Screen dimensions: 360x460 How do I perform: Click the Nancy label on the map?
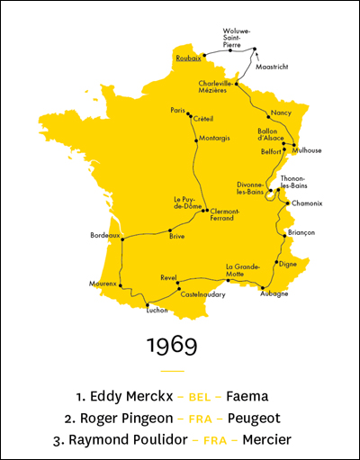(281, 113)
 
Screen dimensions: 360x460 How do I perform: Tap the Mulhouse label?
(307, 150)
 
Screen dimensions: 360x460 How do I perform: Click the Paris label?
(177, 110)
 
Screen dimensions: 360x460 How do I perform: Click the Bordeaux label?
(104, 235)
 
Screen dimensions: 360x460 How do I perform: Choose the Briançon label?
(301, 232)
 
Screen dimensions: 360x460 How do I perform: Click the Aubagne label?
(274, 293)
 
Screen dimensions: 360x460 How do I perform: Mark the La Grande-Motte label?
(242, 270)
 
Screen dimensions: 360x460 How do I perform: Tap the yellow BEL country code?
(199, 396)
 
